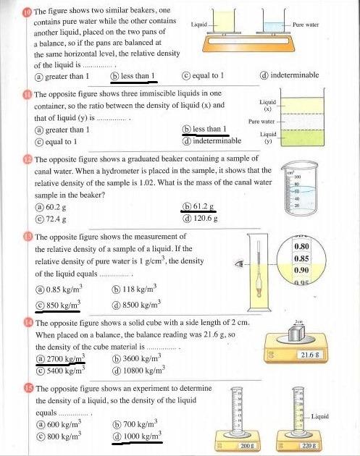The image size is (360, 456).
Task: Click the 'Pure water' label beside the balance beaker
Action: point(306,25)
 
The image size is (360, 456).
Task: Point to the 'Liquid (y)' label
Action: point(268,138)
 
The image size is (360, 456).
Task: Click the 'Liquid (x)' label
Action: point(268,105)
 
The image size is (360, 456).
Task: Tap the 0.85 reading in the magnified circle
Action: point(301,258)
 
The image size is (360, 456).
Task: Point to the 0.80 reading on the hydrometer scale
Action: point(301,246)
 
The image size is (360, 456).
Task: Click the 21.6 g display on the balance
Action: point(309,355)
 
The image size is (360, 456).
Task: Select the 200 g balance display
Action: point(248,445)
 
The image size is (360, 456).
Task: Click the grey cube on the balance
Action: point(296,334)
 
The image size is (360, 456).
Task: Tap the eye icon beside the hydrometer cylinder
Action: point(240,263)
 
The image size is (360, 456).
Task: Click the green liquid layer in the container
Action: point(302,138)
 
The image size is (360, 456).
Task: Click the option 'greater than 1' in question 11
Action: point(62,130)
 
